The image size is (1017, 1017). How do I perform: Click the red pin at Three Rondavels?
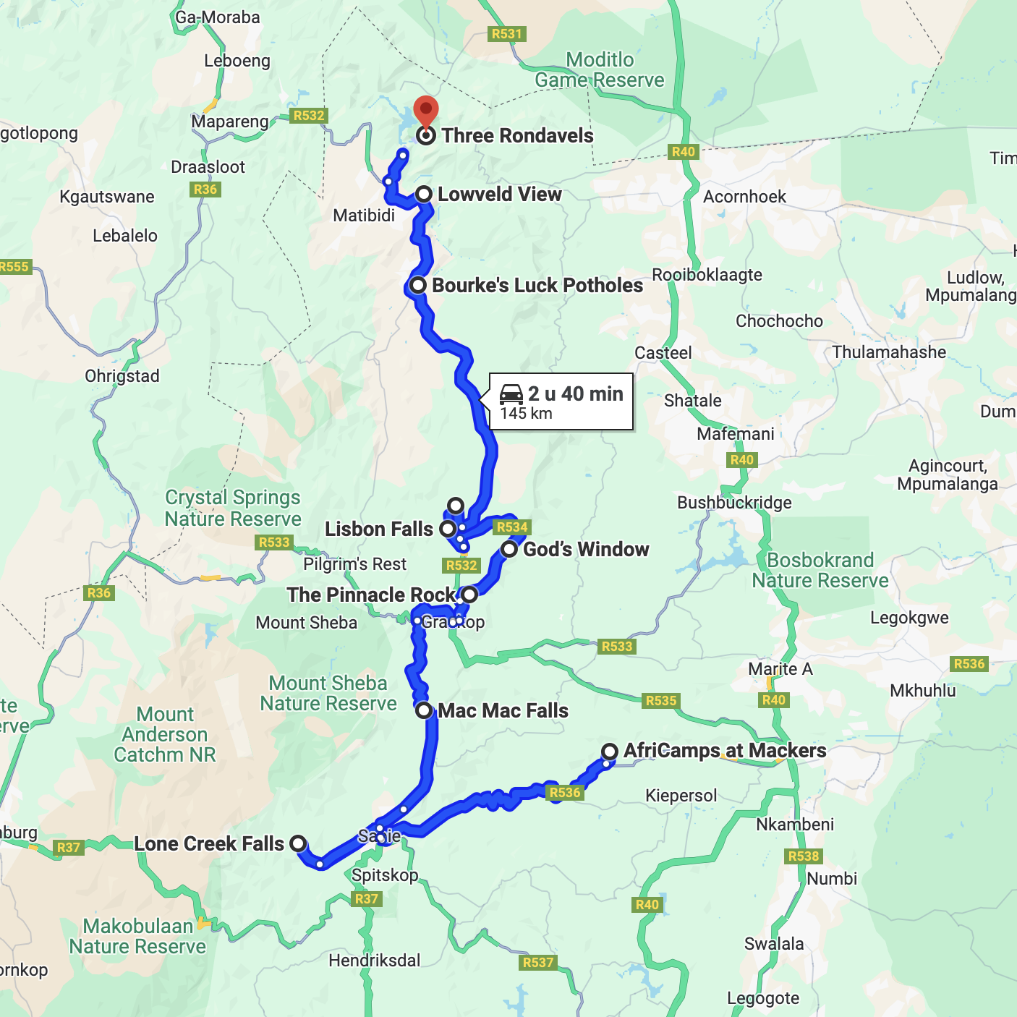(426, 112)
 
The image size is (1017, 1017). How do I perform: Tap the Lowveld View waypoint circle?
(425, 194)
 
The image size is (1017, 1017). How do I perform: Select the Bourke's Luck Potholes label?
(537, 286)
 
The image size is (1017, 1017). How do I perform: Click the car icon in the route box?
(511, 394)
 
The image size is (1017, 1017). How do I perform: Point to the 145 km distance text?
(526, 414)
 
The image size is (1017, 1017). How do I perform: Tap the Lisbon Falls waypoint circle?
(448, 529)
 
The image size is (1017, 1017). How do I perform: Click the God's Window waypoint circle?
(509, 549)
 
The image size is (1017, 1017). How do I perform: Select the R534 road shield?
(511, 527)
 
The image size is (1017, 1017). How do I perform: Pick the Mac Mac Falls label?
(503, 711)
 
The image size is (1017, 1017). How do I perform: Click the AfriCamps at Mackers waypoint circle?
(610, 751)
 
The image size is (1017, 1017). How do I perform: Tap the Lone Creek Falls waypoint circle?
(298, 843)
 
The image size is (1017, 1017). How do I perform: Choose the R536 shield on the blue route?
(565, 793)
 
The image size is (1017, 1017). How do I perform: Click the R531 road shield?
(506, 34)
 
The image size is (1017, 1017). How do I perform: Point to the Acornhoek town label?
(744, 197)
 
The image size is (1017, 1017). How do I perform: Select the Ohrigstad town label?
(122, 376)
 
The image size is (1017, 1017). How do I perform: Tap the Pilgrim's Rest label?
(354, 564)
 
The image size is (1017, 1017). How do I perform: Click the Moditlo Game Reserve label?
(600, 70)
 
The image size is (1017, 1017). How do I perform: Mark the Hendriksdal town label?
(374, 961)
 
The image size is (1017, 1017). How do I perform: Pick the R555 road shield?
(14, 267)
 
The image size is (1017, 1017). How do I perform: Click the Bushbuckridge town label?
(734, 503)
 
